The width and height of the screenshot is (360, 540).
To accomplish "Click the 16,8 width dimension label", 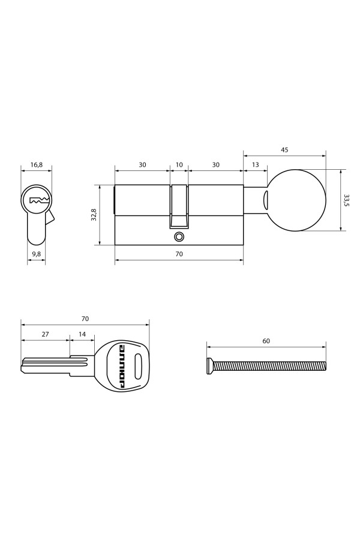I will coord(36,164).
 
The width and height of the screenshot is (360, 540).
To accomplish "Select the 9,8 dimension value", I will coord(36,254).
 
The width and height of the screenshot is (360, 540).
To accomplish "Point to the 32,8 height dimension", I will coord(94,215).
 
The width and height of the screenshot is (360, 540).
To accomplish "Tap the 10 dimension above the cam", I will coord(179,164).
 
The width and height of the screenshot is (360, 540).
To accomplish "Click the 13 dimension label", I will coord(256,164).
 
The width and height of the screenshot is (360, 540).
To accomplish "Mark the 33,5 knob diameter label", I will coord(346,200).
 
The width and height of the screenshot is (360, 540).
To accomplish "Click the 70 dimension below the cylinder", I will coord(179,254).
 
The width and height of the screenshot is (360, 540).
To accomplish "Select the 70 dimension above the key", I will coord(85,318).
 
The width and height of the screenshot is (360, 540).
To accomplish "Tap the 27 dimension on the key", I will coord(45,334).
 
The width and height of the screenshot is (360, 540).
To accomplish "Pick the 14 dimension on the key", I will coord(82,334).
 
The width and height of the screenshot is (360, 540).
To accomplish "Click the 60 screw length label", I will coord(266,341).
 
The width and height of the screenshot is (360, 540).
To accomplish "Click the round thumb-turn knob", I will coord(297,200).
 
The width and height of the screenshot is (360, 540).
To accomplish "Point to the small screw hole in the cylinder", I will coord(178,237).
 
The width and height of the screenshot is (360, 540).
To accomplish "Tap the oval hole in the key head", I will coord(139,364).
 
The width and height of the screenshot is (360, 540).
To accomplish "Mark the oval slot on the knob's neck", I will coord(265,200).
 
